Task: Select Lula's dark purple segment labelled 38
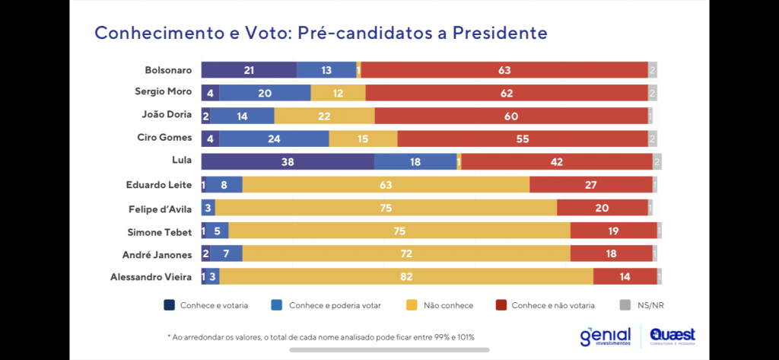tap(288, 162)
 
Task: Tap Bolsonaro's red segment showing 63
tap(504, 70)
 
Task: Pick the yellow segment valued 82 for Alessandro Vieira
tap(406, 276)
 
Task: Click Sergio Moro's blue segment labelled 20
tap(265, 93)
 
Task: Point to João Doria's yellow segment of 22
tap(324, 116)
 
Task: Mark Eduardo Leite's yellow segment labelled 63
tap(386, 185)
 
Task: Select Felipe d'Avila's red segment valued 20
tap(602, 208)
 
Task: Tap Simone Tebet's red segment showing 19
tap(613, 231)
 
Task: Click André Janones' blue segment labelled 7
tap(226, 253)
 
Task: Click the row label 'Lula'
tap(182, 162)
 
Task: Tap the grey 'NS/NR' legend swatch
tap(625, 305)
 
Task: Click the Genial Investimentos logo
tap(605, 335)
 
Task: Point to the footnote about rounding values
tap(321, 336)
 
